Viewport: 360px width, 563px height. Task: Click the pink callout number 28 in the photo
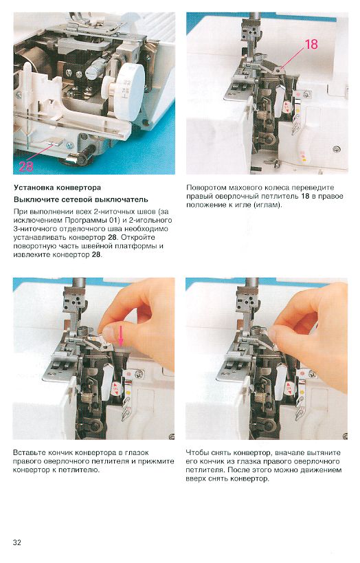click(26, 166)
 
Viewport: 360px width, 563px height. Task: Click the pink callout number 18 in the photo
click(311, 44)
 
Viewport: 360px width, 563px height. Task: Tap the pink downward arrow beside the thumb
click(122, 339)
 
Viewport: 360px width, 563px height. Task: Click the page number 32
click(17, 542)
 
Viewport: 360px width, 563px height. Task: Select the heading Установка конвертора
click(58, 188)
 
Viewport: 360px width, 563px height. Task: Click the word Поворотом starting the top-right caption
click(206, 188)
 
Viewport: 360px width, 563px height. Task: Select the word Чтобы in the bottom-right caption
click(197, 452)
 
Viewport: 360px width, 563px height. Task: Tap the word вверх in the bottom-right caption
click(196, 478)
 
